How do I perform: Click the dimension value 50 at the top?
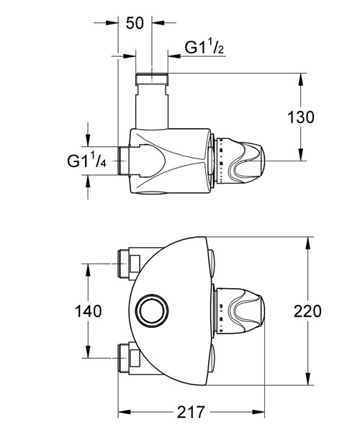(135, 22)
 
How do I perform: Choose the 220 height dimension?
(308, 311)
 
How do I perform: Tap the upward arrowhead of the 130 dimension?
(300, 77)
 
